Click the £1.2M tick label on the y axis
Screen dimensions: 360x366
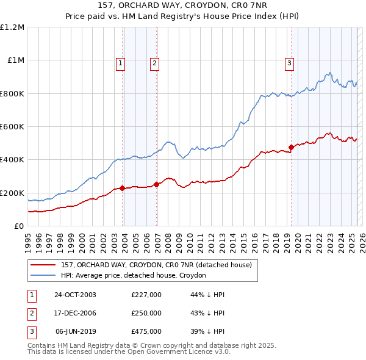(12, 27)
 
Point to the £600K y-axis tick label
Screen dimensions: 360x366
(12, 127)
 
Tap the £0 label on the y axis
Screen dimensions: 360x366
(18, 226)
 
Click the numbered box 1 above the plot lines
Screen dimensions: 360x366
(121, 63)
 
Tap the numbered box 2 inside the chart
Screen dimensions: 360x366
(155, 63)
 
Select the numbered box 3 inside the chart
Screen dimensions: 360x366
(289, 63)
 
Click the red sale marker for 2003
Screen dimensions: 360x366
(123, 188)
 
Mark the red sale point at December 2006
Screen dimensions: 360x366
(157, 184)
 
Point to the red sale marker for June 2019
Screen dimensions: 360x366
(291, 147)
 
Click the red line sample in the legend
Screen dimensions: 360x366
(43, 265)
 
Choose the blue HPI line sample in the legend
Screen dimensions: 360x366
(43, 275)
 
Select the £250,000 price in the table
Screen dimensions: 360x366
(146, 313)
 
